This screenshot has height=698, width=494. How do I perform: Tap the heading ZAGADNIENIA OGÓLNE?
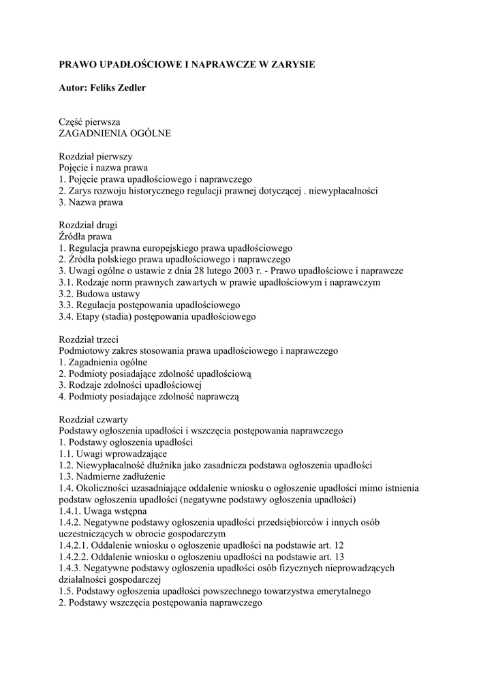pos(114,133)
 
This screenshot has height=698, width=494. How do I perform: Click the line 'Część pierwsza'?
pos(89,121)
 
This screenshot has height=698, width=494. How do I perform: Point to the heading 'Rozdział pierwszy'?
pos(95,156)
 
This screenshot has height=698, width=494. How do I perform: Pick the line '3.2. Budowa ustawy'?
pos(99,294)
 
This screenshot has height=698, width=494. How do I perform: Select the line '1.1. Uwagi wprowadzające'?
pos(112,454)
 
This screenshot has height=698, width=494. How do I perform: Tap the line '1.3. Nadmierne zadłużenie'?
pos(112,476)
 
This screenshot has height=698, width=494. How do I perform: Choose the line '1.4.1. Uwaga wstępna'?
pos(103,511)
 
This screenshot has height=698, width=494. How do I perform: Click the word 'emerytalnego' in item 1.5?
pos(343,592)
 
